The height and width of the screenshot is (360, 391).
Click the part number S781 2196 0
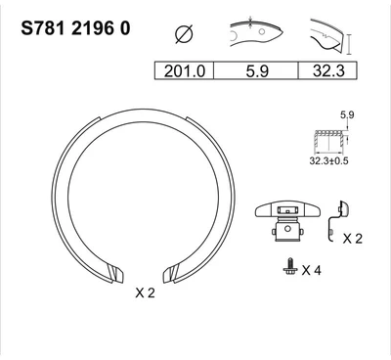[x=75, y=28]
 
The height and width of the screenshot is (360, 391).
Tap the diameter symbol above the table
[x=184, y=34]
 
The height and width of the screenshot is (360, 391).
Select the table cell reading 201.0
[x=184, y=70]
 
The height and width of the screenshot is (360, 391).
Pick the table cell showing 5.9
[x=256, y=70]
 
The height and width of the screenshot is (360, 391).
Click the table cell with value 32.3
[x=328, y=70]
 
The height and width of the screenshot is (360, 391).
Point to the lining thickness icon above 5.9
[x=256, y=31]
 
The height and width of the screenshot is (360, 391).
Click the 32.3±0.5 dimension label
[x=328, y=160]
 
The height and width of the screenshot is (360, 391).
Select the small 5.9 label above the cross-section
[x=347, y=114]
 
